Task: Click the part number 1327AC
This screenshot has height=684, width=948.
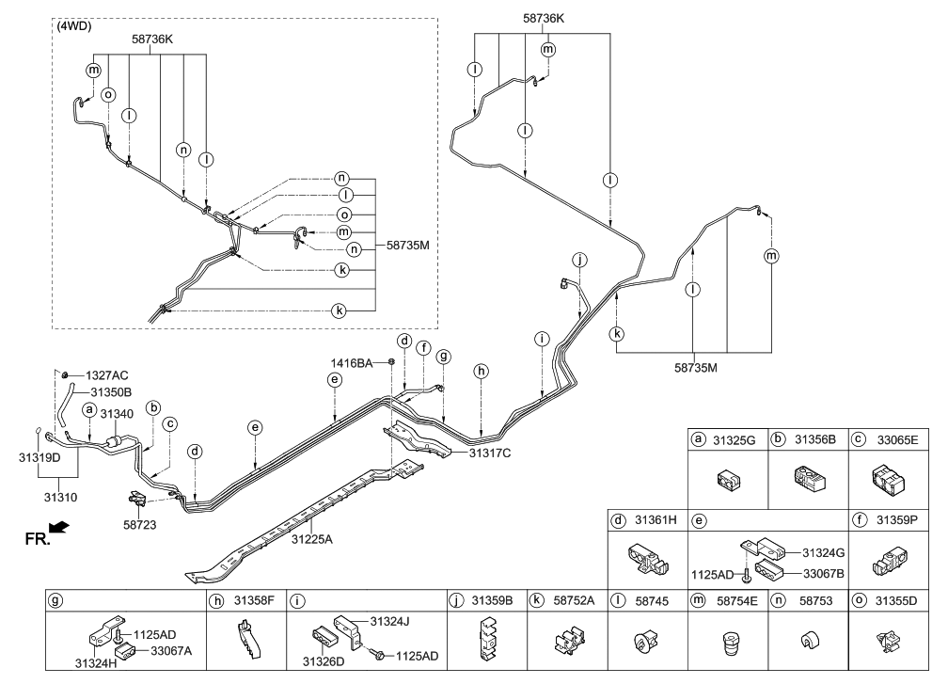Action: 107,375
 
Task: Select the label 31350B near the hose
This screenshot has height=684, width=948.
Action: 111,391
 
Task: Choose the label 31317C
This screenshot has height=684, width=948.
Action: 490,453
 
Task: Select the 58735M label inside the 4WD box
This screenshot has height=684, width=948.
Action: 407,246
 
